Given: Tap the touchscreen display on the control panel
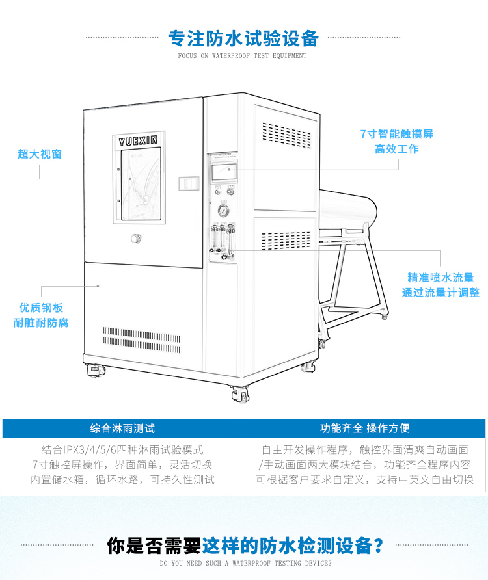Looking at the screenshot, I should coord(223,172).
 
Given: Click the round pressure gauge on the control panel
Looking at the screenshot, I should coord(223,211).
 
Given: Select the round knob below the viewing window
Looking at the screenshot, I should coord(135,239).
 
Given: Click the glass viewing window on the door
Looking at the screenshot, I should coord(140,185).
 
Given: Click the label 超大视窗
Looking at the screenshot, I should coord(40,154).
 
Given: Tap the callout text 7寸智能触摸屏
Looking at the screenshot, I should coord(396,134).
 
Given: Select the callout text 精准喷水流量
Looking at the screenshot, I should coord(441,277).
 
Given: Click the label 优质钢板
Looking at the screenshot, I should coord(41,308).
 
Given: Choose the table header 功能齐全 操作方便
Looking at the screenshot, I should coord(364,428).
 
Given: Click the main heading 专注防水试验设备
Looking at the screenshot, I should coord(243,38).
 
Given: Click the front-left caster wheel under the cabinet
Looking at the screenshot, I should coord(94,371).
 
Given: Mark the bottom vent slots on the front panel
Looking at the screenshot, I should coord(141,340).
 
